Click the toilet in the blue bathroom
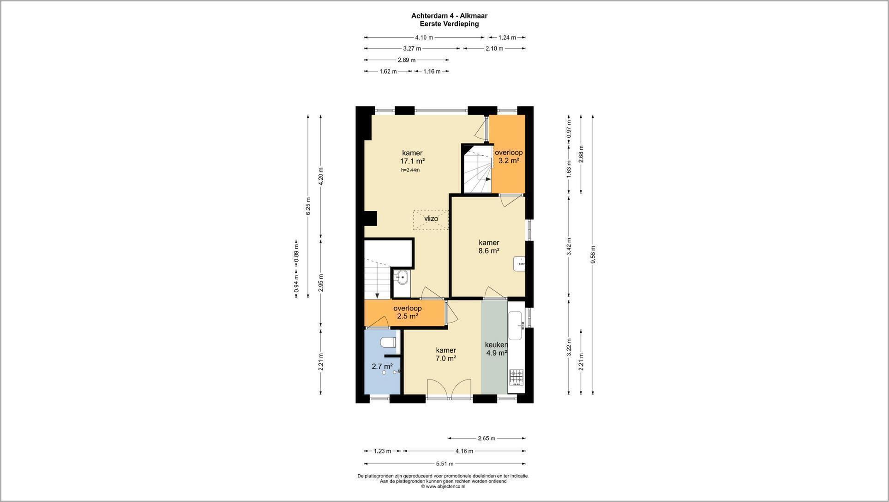(388, 343)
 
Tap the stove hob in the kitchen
(517, 377)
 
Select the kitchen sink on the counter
(515, 325)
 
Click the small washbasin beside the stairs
(402, 278)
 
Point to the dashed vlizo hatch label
(431, 219)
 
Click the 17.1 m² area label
(412, 161)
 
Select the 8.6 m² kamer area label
(489, 251)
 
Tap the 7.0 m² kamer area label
(446, 358)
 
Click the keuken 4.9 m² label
(496, 349)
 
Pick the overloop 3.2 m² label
(509, 157)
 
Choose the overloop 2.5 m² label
(408, 312)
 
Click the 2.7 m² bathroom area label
(382, 367)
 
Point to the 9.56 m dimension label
(593, 255)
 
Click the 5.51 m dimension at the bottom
(445, 464)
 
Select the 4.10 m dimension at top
(424, 37)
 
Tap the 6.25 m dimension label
(308, 206)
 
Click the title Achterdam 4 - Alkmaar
(449, 16)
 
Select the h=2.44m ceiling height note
(410, 170)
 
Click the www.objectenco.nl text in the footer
(443, 486)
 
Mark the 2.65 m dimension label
(487, 438)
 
